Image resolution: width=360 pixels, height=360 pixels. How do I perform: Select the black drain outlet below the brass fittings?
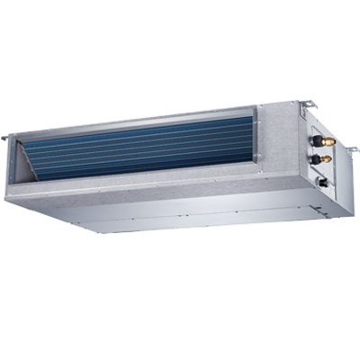point(321,180)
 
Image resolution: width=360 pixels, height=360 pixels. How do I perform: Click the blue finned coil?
point(144,146)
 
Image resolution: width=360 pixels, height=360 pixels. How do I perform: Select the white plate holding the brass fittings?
point(317,148)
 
